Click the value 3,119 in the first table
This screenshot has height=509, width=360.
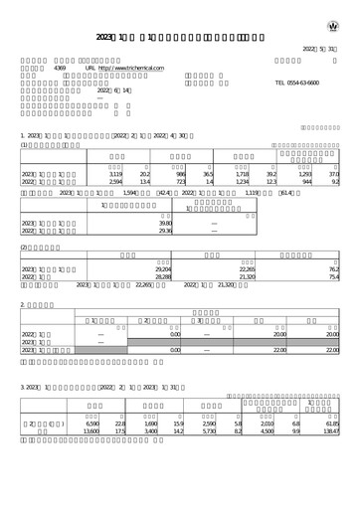114,174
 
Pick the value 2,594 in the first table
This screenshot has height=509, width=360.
114,183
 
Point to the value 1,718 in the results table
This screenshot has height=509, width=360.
242,174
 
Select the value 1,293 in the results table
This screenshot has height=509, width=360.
305,174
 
